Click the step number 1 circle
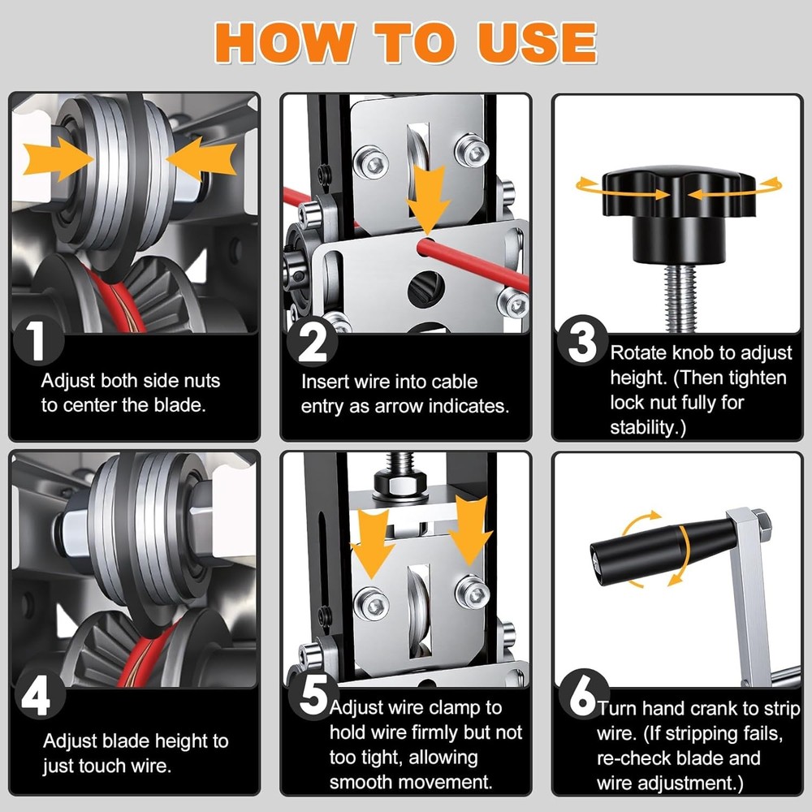(x=38, y=339)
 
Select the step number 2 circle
(x=313, y=341)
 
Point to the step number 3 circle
(x=582, y=340)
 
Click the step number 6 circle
(x=583, y=694)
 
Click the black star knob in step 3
(x=679, y=212)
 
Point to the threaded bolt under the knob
(x=680, y=298)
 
